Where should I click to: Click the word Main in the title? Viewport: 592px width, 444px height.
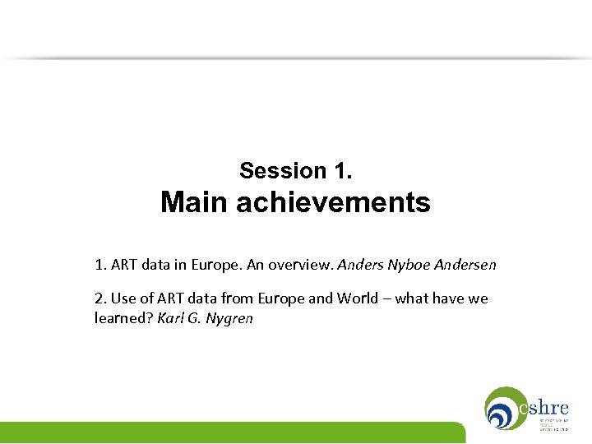point(195,202)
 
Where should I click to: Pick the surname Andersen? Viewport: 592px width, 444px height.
point(469,266)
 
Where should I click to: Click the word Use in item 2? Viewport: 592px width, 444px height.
point(122,298)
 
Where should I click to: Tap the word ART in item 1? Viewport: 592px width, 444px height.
point(123,266)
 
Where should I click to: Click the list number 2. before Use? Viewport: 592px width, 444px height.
point(100,298)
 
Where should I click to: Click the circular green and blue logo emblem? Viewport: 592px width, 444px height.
point(502,409)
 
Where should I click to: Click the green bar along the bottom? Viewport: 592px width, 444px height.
point(230,432)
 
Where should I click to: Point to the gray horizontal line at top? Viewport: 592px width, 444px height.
point(296,58)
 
